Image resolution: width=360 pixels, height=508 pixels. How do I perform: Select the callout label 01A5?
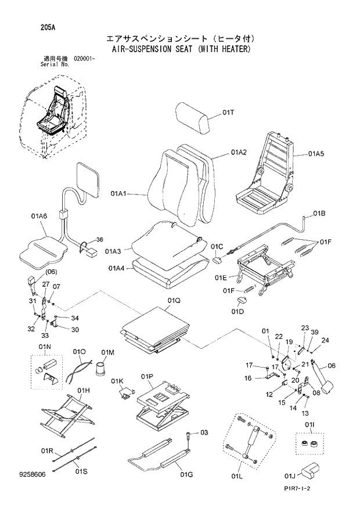(x=316, y=154)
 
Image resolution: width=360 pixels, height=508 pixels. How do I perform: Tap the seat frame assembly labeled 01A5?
(x=268, y=174)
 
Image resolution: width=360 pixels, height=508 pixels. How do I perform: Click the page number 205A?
(x=32, y=27)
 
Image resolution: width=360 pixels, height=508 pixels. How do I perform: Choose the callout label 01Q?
(x=174, y=300)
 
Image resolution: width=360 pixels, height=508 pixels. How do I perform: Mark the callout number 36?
(x=99, y=240)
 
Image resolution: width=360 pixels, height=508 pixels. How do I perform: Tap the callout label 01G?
(x=186, y=475)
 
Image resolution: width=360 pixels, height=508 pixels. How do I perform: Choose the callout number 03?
(x=204, y=433)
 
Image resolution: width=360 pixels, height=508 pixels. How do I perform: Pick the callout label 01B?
(x=319, y=214)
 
